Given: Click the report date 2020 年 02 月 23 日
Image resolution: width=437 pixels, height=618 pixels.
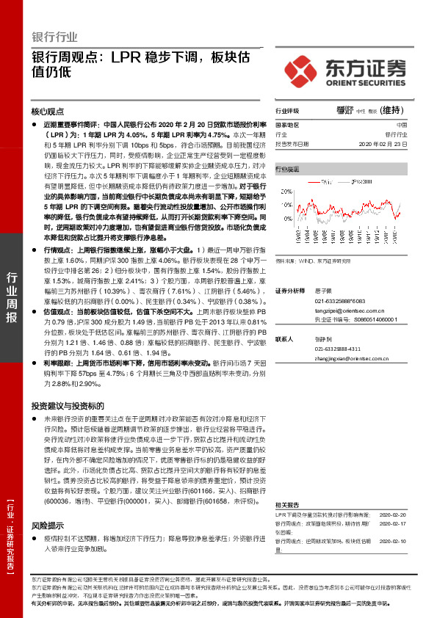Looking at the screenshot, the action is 381,145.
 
